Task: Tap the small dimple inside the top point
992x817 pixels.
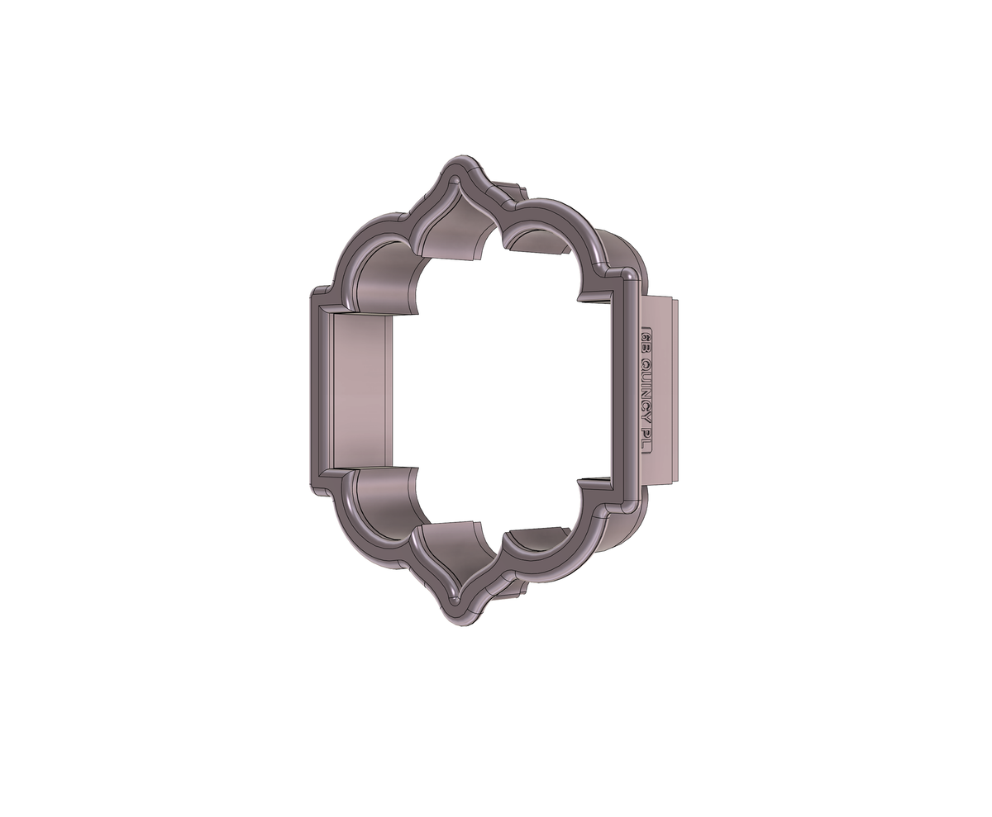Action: pyautogui.click(x=455, y=179)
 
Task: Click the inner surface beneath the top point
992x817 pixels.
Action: pyautogui.click(x=455, y=231)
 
